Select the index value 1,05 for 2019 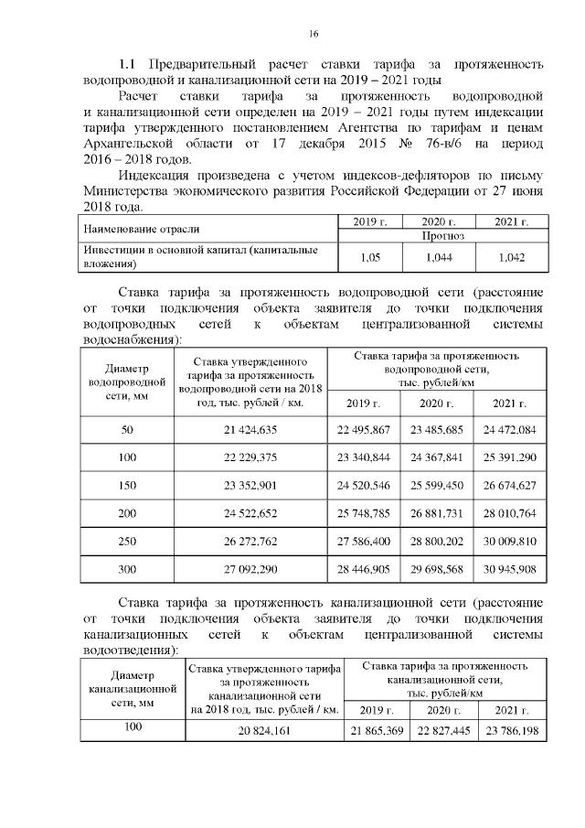(x=370, y=258)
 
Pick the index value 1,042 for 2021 (x=512, y=258)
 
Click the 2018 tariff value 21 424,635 (x=250, y=430)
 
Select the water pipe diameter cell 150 (x=127, y=485)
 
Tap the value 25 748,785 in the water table (x=363, y=513)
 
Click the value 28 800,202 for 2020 (x=436, y=541)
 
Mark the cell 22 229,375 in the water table (x=250, y=457)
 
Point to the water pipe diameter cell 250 (x=127, y=541)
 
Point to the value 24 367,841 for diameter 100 (x=436, y=457)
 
